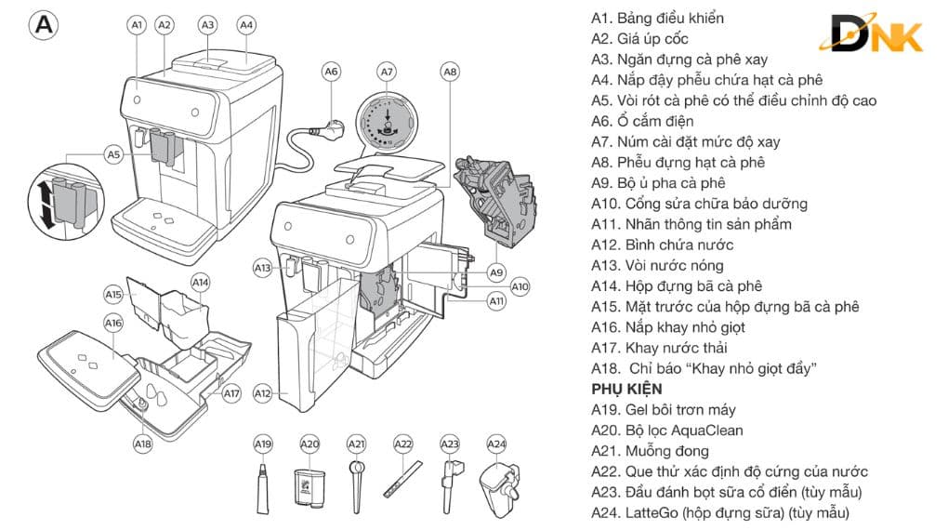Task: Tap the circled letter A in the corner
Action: pyautogui.click(x=44, y=25)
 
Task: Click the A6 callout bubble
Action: pyautogui.click(x=332, y=71)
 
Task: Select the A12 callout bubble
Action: pyautogui.click(x=262, y=394)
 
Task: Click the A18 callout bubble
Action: pyautogui.click(x=142, y=444)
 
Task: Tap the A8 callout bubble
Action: pyautogui.click(x=450, y=71)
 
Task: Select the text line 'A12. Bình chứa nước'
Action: pyautogui.click(x=662, y=245)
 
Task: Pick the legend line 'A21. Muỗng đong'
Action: pyautogui.click(x=650, y=451)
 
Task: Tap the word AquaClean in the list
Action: pyautogui.click(x=707, y=431)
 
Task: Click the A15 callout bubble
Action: pyautogui.click(x=113, y=294)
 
